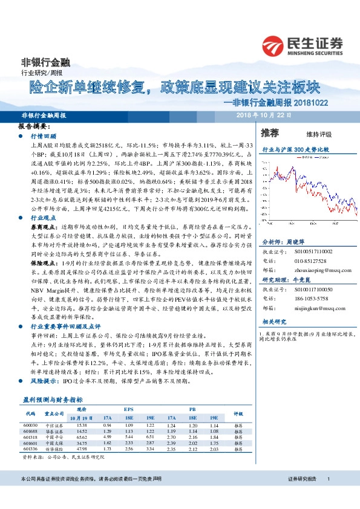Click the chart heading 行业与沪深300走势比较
pyautogui.click(x=295, y=149)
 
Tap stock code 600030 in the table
pyautogui.click(x=31, y=426)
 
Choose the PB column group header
pyautogui.click(x=192, y=410)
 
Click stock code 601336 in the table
pyautogui.click(x=31, y=449)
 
